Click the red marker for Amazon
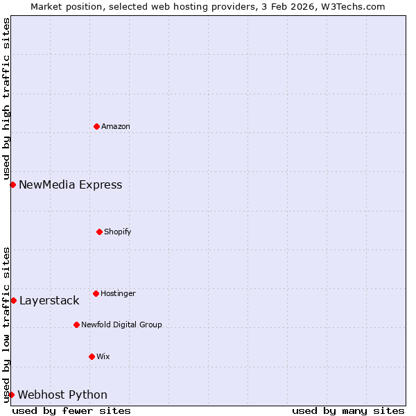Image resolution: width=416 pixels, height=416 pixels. click(x=96, y=126)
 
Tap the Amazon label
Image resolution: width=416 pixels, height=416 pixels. click(x=116, y=126)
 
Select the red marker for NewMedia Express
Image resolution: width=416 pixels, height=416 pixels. click(x=12, y=184)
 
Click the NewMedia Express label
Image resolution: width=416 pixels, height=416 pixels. click(x=70, y=184)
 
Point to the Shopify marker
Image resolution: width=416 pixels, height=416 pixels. click(x=99, y=232)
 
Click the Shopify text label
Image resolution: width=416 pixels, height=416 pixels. click(x=118, y=232)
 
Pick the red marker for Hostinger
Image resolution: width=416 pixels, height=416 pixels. click(x=96, y=293)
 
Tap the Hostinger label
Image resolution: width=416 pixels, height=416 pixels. click(x=118, y=293)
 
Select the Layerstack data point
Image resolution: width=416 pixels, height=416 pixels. click(x=13, y=300)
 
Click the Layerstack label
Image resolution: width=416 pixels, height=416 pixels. click(x=49, y=300)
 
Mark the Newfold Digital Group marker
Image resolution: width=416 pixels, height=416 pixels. click(x=76, y=324)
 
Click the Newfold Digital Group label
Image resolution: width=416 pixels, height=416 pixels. click(x=121, y=324)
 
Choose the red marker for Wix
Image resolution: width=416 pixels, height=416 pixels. click(x=92, y=356)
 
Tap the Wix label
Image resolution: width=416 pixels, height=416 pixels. click(x=103, y=356)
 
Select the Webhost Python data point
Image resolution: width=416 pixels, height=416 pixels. click(x=11, y=395)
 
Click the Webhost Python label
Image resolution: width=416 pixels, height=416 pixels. click(x=62, y=395)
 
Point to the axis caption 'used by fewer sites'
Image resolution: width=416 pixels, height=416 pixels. click(x=71, y=410)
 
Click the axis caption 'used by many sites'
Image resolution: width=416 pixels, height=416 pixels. click(x=348, y=410)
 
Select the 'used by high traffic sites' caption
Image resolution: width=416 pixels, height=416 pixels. click(x=6, y=98)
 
